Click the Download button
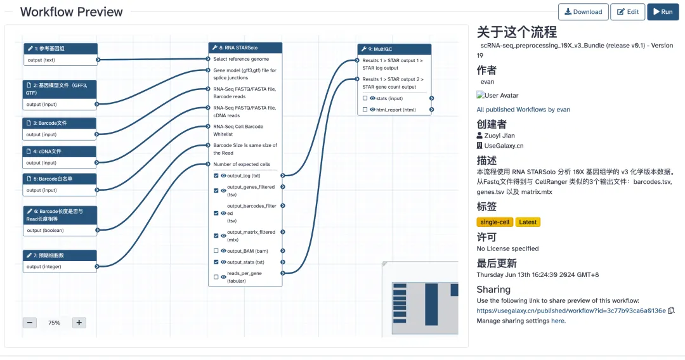coord(583,12)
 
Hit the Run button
coord(663,12)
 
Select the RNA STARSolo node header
coord(245,48)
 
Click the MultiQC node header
coord(394,49)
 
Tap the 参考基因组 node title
coord(60,48)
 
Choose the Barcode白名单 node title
coord(60,179)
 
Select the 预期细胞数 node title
coord(60,255)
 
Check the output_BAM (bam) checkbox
coord(216,251)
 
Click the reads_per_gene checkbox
coord(216,277)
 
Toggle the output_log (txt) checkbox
coord(216,176)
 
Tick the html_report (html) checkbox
coord(365,110)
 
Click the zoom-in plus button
coord(79,323)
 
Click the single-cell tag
coord(495,222)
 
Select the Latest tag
coord(528,222)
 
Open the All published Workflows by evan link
coord(523,110)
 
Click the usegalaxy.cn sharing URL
coord(571,311)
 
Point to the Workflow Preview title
coord(72,12)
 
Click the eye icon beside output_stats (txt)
coord(223,262)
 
